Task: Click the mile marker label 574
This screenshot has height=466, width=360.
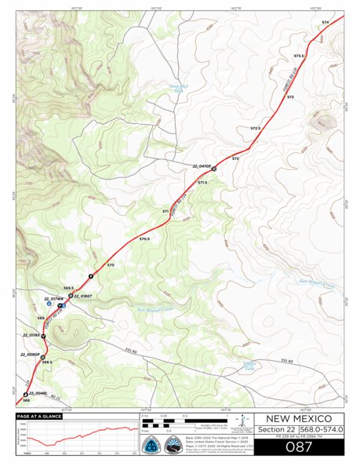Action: pos(325,22)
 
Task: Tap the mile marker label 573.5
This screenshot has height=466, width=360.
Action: pos(298,56)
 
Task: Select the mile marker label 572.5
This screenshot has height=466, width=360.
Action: pos(255,128)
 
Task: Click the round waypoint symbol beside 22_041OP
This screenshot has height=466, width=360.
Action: pos(213,169)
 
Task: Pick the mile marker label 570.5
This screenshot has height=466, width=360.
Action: pos(144,238)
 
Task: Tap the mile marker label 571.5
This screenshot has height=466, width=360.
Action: pos(202,183)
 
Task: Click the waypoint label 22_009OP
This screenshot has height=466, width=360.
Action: pos(31,355)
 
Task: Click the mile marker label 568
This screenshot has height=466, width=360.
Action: pos(26,400)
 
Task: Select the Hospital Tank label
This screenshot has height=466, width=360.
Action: pos(180,88)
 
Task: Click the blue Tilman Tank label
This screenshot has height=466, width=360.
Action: pos(249,366)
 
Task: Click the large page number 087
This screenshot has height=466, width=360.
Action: pos(299,446)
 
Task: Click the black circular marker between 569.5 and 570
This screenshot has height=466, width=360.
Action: pos(91,275)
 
